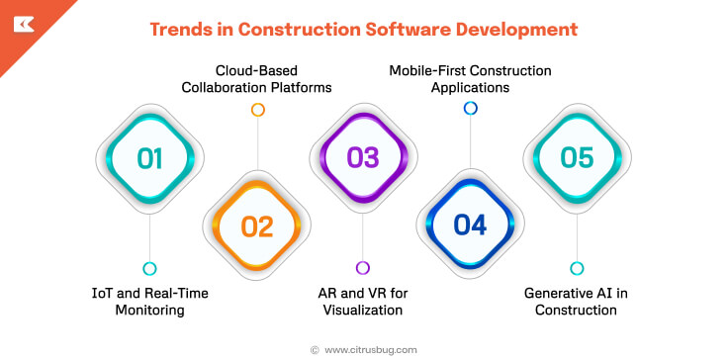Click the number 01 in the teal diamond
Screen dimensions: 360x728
149,158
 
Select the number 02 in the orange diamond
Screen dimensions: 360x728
257,226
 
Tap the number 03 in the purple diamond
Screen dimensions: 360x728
363,158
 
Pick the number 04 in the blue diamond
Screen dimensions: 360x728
471,226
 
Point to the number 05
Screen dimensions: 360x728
578,158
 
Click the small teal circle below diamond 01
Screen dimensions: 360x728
149,268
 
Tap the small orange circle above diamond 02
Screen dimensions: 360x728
257,110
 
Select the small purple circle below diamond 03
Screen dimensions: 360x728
363,268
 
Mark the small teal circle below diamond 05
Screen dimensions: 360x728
578,268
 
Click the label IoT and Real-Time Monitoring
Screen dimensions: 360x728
149,301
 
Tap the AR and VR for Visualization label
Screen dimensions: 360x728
363,301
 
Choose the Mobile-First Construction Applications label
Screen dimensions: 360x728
470,79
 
